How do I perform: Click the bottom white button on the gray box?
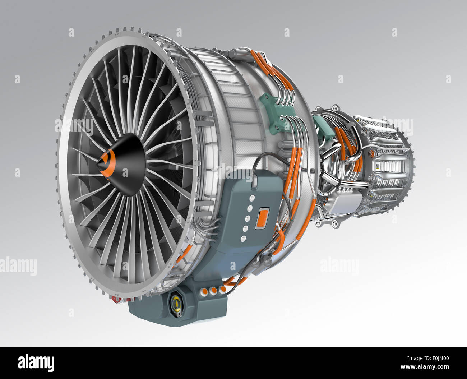pos(244,239)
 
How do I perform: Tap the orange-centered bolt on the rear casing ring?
pos(371,153)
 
